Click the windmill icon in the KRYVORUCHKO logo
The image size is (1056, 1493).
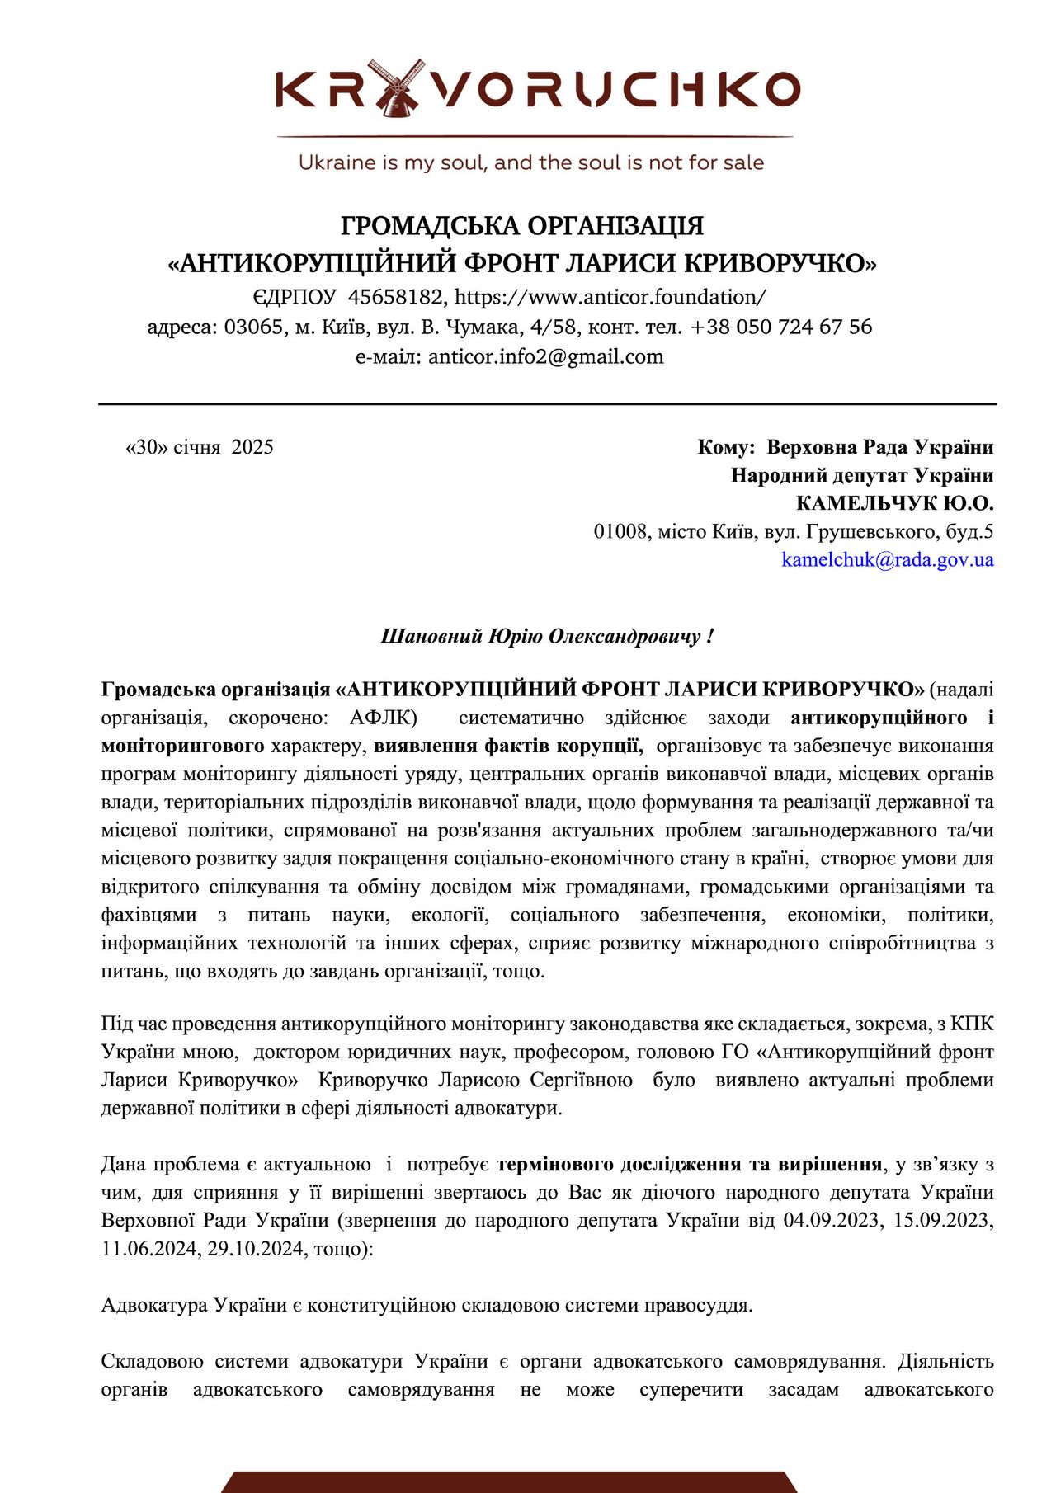[397, 88]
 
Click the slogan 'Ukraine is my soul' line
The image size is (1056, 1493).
[530, 162]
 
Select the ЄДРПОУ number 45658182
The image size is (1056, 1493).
[395, 297]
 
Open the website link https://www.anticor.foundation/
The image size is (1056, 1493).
[610, 297]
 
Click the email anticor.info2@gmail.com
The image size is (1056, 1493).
[545, 356]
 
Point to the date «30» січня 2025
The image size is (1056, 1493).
[199, 447]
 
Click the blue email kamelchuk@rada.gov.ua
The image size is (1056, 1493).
[887, 560]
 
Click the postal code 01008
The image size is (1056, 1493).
[620, 531]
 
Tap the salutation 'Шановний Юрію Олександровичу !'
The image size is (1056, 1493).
[546, 637]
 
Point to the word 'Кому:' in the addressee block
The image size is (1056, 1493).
[726, 447]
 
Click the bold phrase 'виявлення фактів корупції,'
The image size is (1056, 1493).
[508, 746]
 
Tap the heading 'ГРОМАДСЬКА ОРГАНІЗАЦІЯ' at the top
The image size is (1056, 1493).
[522, 225]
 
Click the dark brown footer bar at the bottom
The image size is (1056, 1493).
[509, 1481]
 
